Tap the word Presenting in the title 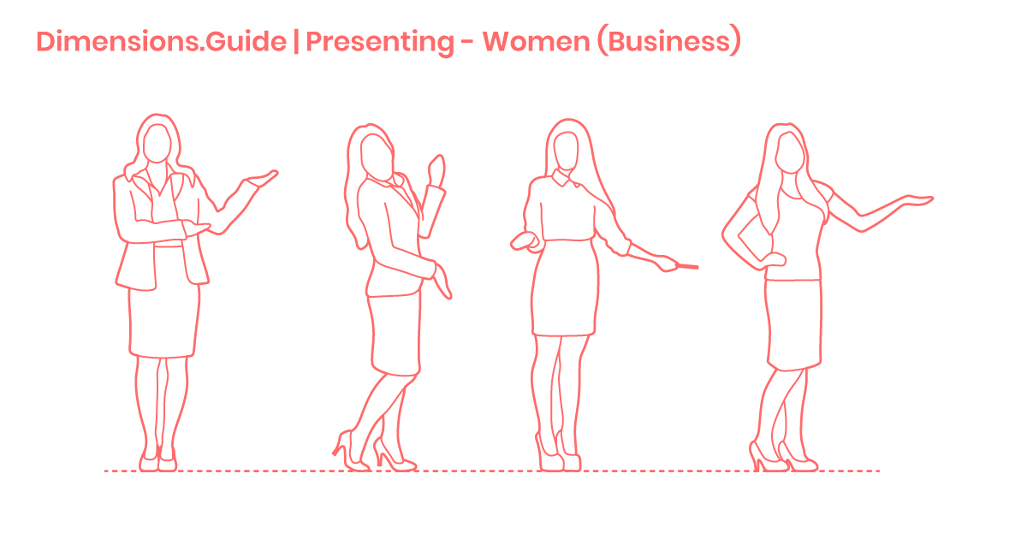[x=380, y=42]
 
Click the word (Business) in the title [x=668, y=42]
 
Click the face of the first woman [x=156, y=143]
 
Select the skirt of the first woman [x=163, y=321]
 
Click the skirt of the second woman [x=395, y=334]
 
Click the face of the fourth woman [x=789, y=151]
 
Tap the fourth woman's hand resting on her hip [x=774, y=258]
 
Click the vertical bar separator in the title [x=296, y=42]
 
